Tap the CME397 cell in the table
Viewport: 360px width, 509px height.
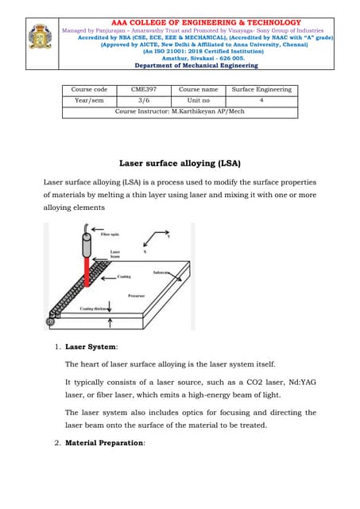click(144, 90)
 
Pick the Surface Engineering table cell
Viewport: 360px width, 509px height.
click(261, 90)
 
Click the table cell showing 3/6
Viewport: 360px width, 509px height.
click(144, 101)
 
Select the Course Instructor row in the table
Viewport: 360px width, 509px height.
click(180, 112)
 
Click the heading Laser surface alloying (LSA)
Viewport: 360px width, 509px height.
click(180, 163)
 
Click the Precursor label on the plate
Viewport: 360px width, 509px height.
click(137, 295)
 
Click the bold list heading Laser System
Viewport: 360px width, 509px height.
click(91, 347)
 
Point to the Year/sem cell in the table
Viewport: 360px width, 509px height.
click(88, 101)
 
